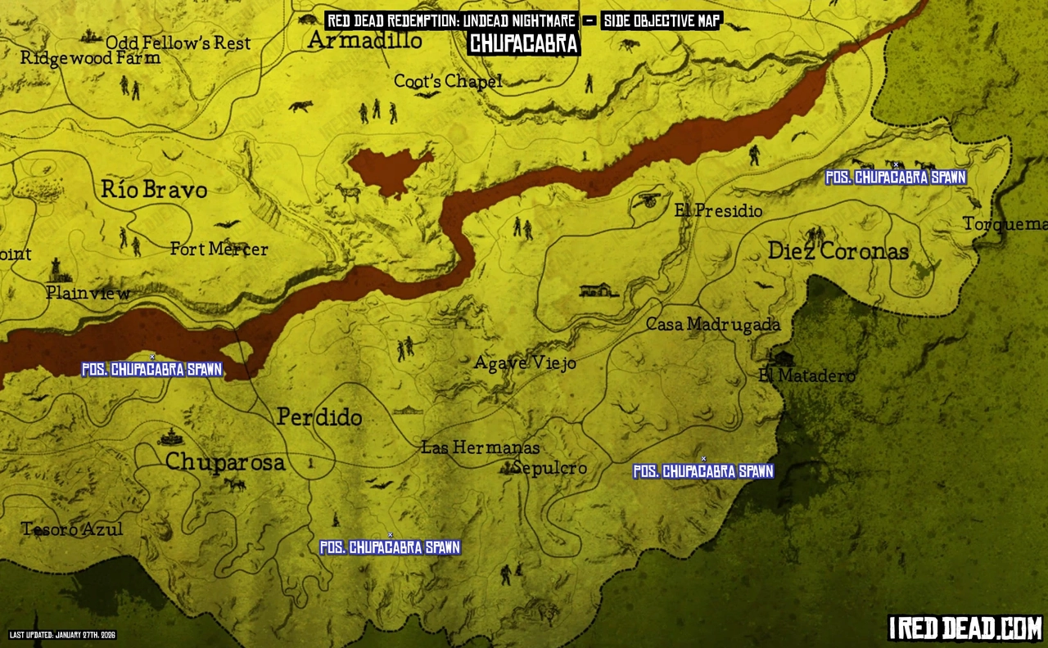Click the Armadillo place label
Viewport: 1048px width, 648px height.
pyautogui.click(x=365, y=40)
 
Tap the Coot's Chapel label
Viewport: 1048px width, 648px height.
pyautogui.click(x=448, y=81)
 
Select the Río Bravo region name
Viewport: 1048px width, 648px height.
pyautogui.click(x=154, y=190)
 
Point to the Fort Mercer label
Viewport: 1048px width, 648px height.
pyautogui.click(x=219, y=249)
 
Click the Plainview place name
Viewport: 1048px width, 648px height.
pyautogui.click(x=88, y=292)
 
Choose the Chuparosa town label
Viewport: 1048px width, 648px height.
pyautogui.click(x=225, y=462)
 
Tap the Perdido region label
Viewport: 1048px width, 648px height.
pyautogui.click(x=319, y=417)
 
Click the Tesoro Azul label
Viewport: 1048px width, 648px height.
pyautogui.click(x=72, y=529)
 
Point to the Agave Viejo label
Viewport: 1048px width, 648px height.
pyautogui.click(x=525, y=362)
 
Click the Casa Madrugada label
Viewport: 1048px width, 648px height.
pyautogui.click(x=713, y=325)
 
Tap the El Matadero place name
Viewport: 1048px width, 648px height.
pyautogui.click(x=806, y=376)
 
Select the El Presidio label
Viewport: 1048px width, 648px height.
pyautogui.click(x=718, y=211)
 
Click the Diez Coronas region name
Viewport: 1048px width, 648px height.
pyautogui.click(x=838, y=251)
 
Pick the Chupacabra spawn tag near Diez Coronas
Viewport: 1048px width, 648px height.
pyautogui.click(x=896, y=178)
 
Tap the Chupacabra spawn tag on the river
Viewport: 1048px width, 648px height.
pyautogui.click(x=152, y=370)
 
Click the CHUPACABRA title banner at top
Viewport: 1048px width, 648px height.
pyautogui.click(x=524, y=43)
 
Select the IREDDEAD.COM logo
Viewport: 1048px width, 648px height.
pyautogui.click(x=964, y=628)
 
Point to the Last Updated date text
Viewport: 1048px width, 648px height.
pyautogui.click(x=63, y=635)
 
